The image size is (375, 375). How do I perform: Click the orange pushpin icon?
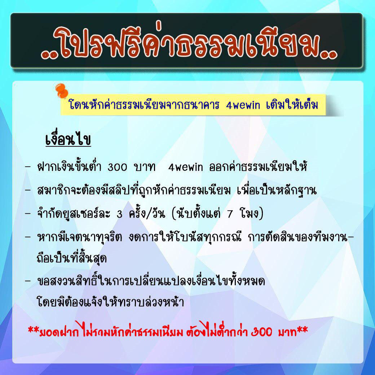click(x=61, y=91)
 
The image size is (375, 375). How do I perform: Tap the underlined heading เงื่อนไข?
click(x=68, y=139)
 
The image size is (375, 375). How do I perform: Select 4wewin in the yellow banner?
click(x=243, y=105)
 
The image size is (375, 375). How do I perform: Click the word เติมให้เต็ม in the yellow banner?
click(x=292, y=105)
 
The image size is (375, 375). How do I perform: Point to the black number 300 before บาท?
click(x=117, y=167)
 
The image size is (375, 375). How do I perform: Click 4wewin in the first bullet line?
click(x=185, y=167)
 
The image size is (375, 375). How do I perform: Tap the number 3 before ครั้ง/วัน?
click(x=120, y=214)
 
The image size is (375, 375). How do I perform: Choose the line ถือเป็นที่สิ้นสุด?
click(x=72, y=258)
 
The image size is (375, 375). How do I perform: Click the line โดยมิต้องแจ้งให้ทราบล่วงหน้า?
click(x=110, y=301)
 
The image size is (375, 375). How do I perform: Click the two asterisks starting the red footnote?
click(x=34, y=329)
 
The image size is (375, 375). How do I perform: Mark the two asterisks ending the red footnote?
click(x=302, y=329)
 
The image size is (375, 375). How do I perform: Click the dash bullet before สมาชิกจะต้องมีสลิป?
click(x=28, y=190)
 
